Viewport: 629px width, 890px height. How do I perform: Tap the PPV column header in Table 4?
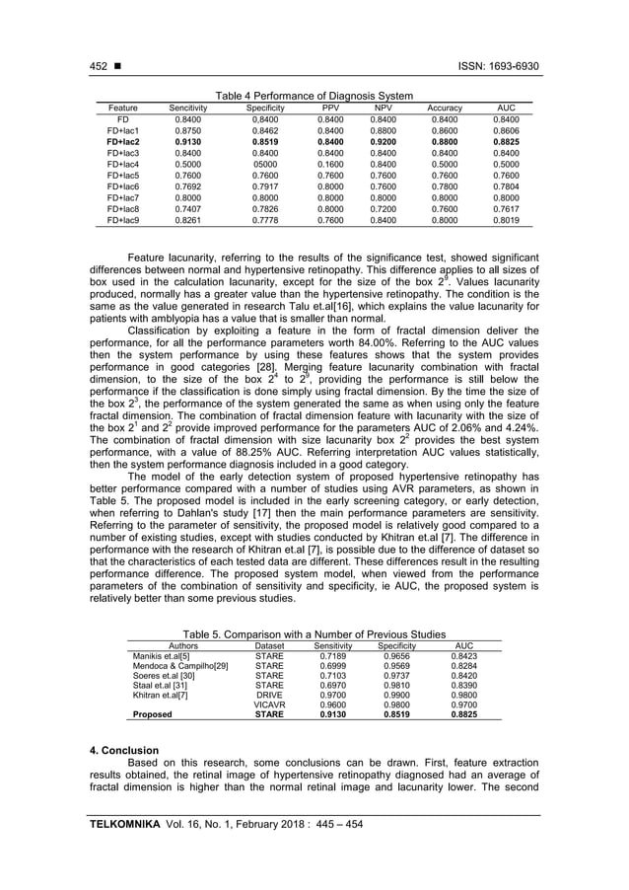point(330,107)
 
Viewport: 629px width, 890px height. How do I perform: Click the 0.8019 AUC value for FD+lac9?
point(505,222)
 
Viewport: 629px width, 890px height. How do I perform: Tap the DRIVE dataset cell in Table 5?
point(269,695)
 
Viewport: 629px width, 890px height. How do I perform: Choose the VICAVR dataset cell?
point(269,705)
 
